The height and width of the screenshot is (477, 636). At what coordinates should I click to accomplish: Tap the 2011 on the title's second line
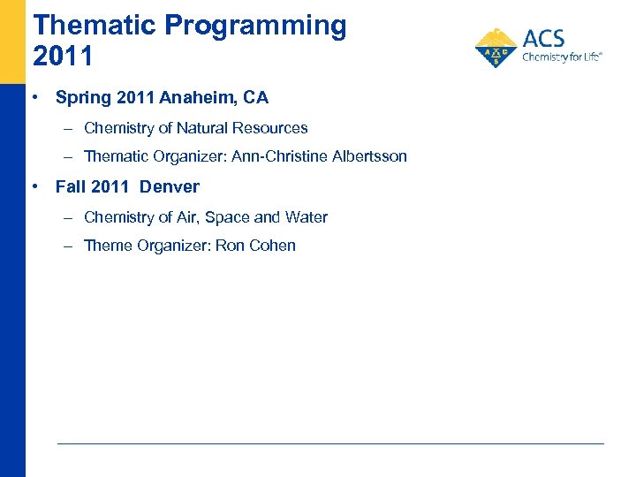coord(63,57)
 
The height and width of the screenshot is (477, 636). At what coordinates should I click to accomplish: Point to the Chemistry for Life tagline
coord(562,57)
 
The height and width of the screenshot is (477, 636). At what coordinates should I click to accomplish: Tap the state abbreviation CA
coord(255,98)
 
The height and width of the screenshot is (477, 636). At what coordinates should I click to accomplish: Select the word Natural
coord(207,128)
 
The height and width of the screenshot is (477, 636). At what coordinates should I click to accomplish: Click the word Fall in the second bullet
coord(70,186)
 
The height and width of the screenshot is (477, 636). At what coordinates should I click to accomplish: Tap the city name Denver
coord(170,186)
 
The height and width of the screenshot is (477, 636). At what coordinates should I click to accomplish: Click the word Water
coord(306,217)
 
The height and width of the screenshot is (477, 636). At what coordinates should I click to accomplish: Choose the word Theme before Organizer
coord(108,246)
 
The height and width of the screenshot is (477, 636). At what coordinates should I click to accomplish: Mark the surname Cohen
coord(273,246)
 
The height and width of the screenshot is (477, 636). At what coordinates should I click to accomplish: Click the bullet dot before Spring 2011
coord(34,97)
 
